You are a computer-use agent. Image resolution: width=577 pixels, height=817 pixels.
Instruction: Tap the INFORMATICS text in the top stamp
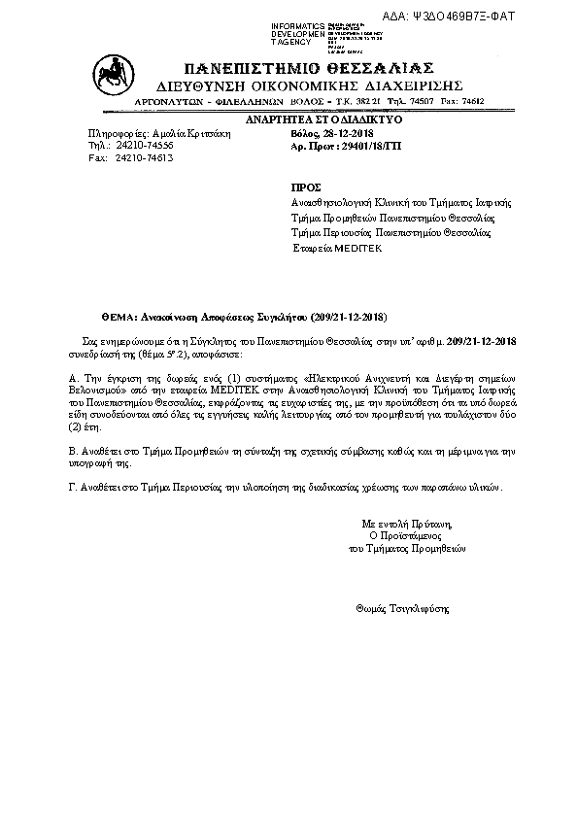point(298,24)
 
